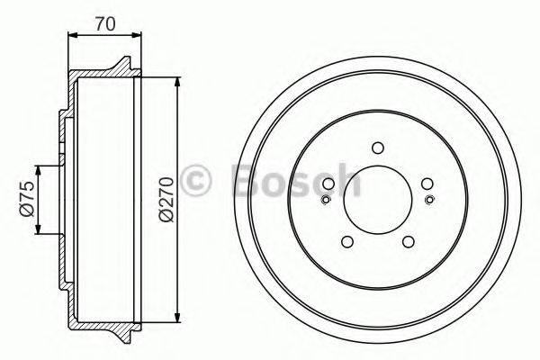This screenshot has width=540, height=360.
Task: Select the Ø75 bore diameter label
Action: pyautogui.click(x=26, y=199)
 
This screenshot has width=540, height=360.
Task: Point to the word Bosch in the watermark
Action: pyautogui.click(x=297, y=179)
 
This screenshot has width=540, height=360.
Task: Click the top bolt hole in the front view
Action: pyautogui.click(x=378, y=148)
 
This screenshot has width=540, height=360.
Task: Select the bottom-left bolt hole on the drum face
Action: pyautogui.click(x=346, y=241)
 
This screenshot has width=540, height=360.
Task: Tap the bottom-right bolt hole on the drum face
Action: pyautogui.click(x=409, y=241)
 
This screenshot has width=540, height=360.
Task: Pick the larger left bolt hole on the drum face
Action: pyautogui.click(x=328, y=184)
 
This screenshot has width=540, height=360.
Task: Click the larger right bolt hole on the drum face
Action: pyautogui.click(x=427, y=184)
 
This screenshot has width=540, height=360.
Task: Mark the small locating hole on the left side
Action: pyautogui.click(x=324, y=200)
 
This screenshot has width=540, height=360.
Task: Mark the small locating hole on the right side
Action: pyautogui.click(x=431, y=200)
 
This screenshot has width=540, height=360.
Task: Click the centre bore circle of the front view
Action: pyautogui.click(x=378, y=200)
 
